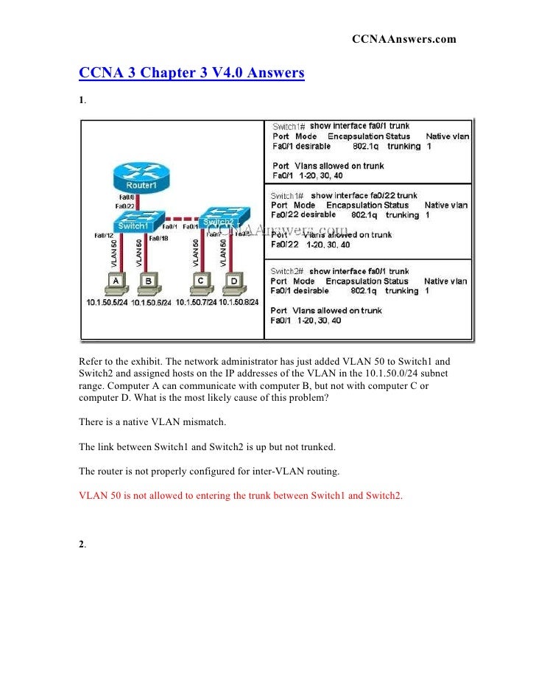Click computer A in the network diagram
pyautogui.click(x=114, y=282)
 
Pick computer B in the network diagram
pyautogui.click(x=149, y=282)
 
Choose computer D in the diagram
pyautogui.click(x=233, y=282)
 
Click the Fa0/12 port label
pyautogui.click(x=103, y=235)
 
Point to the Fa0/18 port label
pyautogui.click(x=159, y=238)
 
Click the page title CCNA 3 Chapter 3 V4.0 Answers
pyautogui.click(x=191, y=74)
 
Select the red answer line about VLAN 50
pyautogui.click(x=241, y=495)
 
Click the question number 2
pyautogui.click(x=82, y=544)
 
